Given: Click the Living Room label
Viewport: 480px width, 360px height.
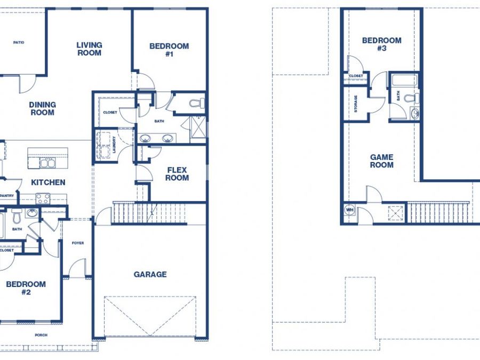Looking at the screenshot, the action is click(x=89, y=49).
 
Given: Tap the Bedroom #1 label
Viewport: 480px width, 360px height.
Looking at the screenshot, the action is click(x=169, y=50).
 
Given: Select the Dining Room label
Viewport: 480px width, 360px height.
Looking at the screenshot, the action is click(x=43, y=109).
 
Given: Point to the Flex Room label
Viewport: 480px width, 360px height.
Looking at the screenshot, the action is click(x=177, y=174).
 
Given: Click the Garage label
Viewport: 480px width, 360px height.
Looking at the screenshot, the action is click(x=150, y=274).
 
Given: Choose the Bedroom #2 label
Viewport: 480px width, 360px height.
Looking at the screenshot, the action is click(x=26, y=288).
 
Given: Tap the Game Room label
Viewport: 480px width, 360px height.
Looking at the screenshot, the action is click(x=382, y=161).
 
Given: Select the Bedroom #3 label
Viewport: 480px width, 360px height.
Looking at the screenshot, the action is click(x=382, y=44).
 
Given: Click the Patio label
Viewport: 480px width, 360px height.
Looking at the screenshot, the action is click(x=19, y=43).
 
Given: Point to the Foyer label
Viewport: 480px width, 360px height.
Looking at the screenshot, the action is click(x=78, y=243).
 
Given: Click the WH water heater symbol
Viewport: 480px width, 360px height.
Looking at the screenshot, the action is click(x=349, y=210).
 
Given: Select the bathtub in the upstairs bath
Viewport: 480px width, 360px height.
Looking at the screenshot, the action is click(x=404, y=79).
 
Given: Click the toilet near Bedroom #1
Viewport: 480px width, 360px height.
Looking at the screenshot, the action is click(x=197, y=103).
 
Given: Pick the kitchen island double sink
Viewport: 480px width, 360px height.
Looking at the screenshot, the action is click(x=47, y=163).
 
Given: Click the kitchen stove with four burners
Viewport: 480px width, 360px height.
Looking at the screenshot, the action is click(x=43, y=198).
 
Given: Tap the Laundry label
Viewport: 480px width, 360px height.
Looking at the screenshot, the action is click(x=114, y=145).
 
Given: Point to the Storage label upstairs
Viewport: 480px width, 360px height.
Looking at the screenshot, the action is click(x=355, y=104).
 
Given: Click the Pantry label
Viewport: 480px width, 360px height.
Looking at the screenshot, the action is click(x=7, y=196).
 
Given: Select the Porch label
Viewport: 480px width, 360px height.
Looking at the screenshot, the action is click(x=41, y=335).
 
